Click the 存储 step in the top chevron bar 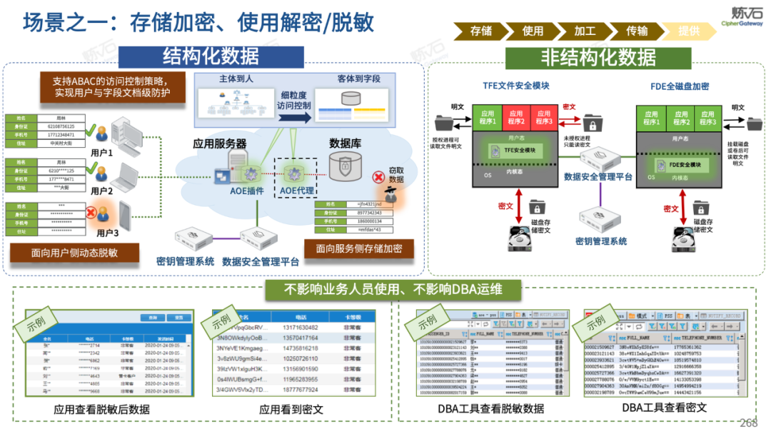(x=480, y=31)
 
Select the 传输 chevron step (x=637, y=31)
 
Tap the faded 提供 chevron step (x=688, y=31)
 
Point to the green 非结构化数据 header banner (x=598, y=56)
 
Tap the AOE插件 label (x=247, y=191)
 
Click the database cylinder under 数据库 (x=345, y=166)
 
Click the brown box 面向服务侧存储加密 (x=359, y=248)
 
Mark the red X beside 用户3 (x=91, y=212)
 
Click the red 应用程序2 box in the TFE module (x=516, y=117)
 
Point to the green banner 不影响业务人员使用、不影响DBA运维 (x=393, y=289)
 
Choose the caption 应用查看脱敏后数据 (x=102, y=409)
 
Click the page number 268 (x=748, y=423)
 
